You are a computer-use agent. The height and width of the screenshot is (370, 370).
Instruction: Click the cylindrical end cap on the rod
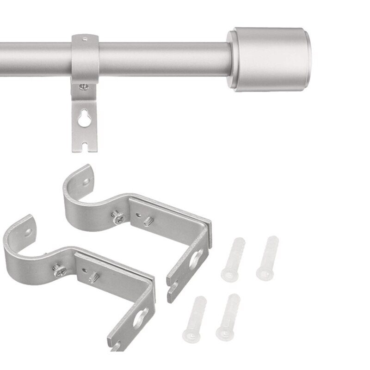[x=271, y=59]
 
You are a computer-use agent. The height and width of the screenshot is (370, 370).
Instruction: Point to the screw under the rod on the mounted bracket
[x=84, y=86]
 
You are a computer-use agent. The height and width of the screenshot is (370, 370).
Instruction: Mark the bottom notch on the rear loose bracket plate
[x=173, y=291]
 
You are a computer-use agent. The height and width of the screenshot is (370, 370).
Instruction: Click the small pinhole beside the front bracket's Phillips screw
[x=83, y=268]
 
